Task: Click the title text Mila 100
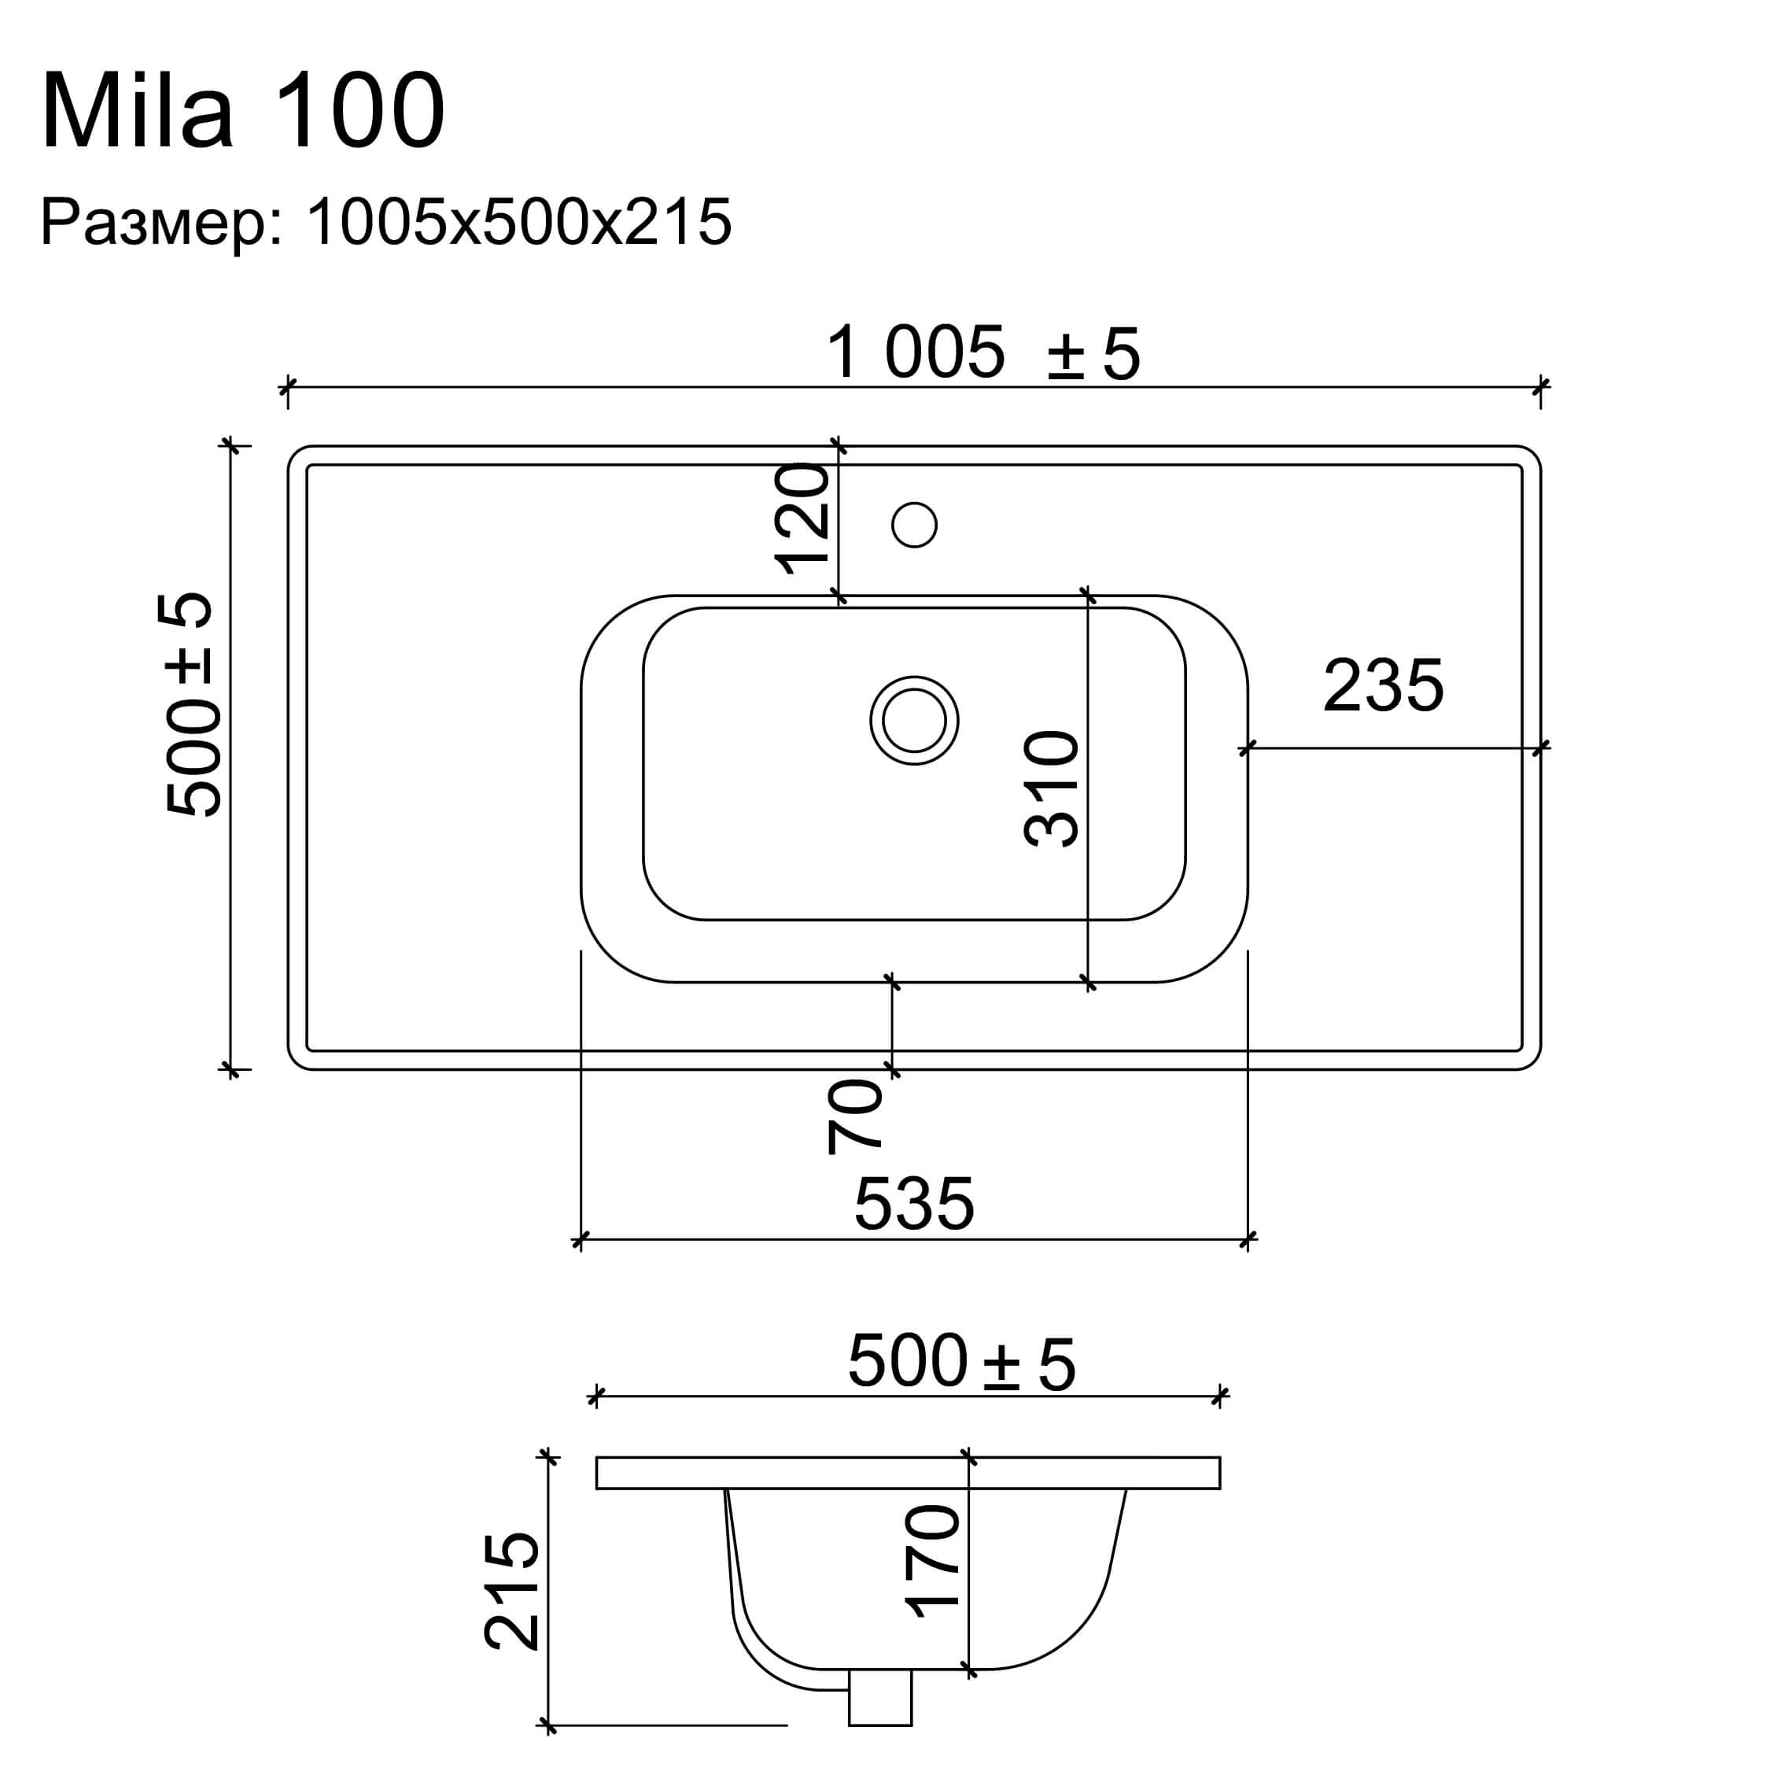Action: pos(243,112)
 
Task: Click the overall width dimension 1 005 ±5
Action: pos(983,354)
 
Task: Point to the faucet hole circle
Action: pos(914,526)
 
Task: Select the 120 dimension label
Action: pos(803,519)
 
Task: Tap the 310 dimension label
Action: pos(1051,788)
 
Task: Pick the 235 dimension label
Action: pos(1384,685)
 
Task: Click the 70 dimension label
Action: pos(854,1116)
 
